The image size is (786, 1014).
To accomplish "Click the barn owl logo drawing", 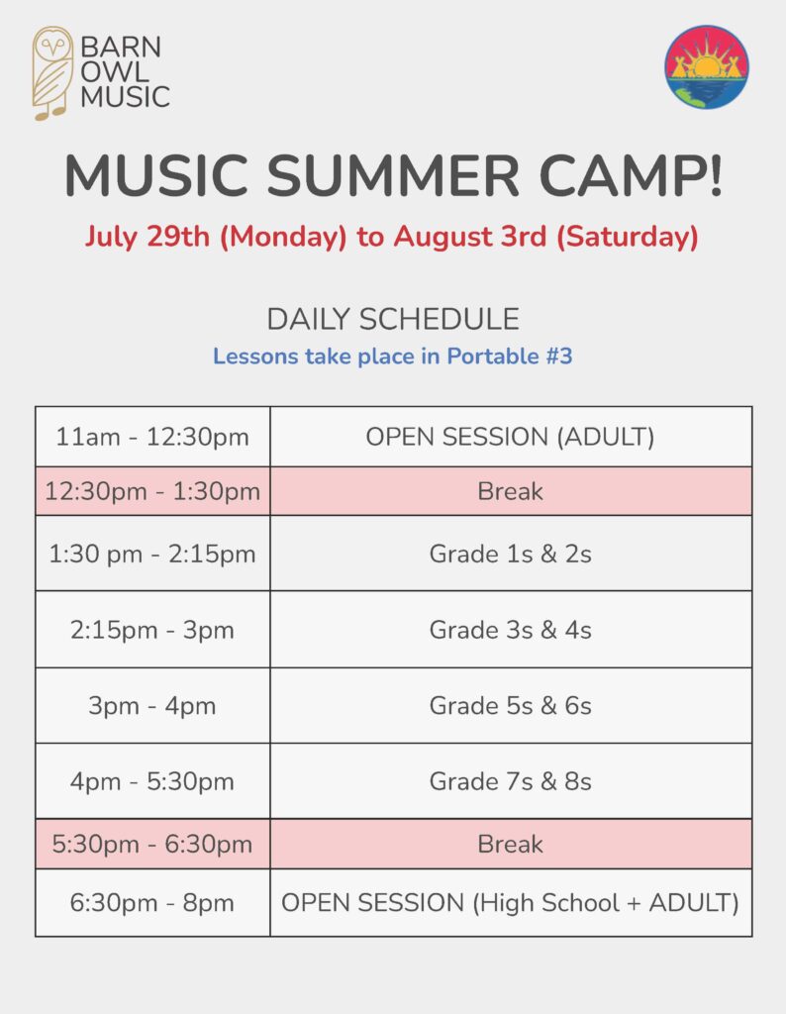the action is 53,73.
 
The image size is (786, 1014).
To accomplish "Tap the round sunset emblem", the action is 707,66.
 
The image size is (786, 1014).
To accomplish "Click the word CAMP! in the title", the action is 631,175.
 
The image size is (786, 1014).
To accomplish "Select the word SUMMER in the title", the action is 393,175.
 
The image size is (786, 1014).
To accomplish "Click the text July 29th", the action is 147,236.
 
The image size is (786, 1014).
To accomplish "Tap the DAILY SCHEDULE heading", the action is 393,319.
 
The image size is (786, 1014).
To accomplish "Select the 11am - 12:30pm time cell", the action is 152,437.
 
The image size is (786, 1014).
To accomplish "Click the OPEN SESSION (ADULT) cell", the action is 511,437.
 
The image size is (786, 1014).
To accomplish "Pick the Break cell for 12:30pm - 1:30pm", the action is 511,491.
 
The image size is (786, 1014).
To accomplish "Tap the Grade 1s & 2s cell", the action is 511,554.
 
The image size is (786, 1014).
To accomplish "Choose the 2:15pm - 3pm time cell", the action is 152,629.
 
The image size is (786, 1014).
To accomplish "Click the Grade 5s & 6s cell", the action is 511,705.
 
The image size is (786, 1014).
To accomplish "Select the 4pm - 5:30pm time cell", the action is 152,781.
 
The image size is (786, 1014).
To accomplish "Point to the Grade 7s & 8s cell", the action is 511,781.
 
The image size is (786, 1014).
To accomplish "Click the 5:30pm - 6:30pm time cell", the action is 152,844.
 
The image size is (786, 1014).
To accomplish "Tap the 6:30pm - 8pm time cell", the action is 152,903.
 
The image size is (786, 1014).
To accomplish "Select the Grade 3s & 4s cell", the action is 511,629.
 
